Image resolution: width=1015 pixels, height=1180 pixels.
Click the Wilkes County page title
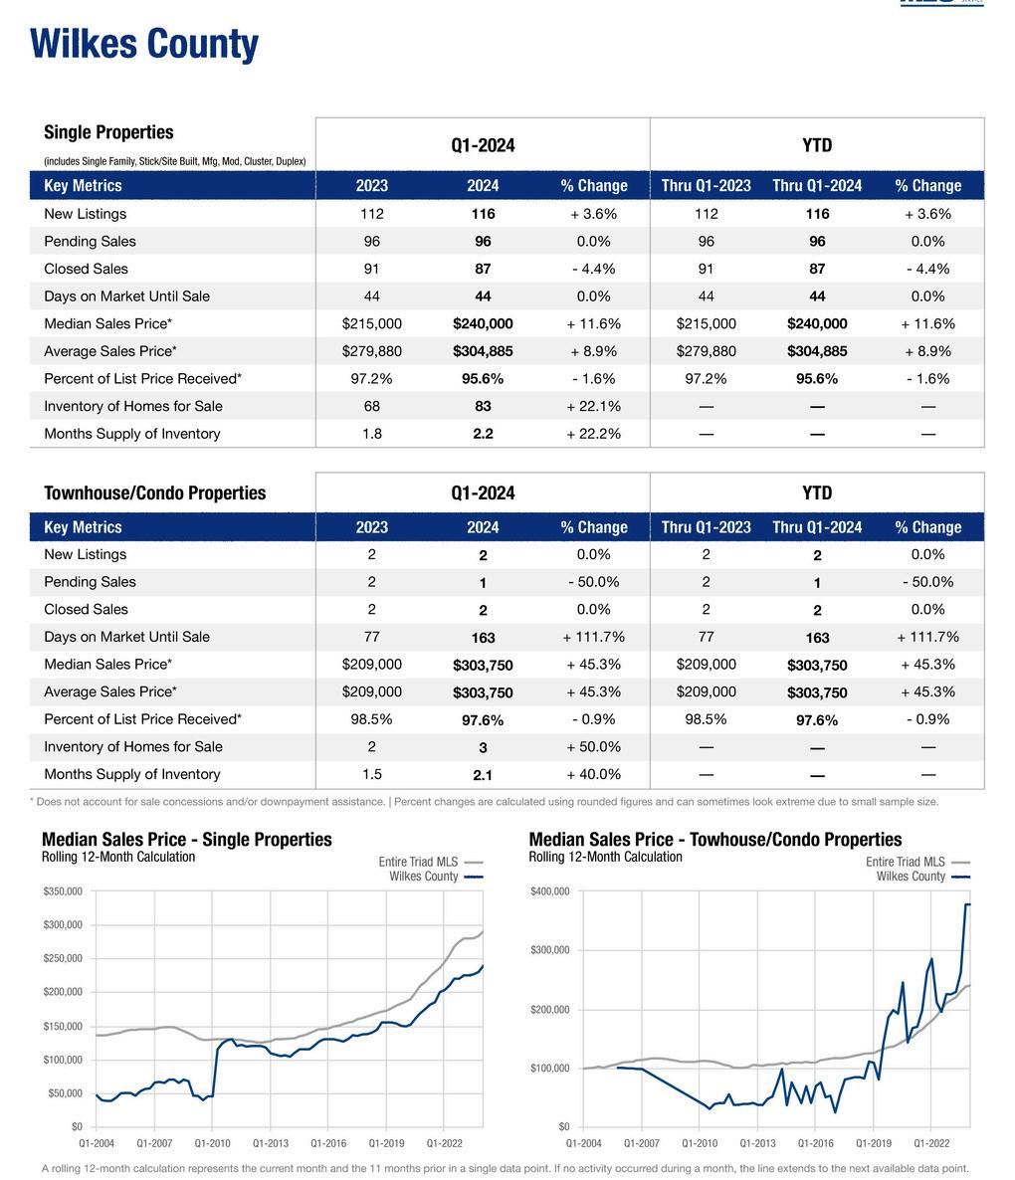pos(144,45)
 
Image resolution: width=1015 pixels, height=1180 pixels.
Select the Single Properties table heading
pos(108,132)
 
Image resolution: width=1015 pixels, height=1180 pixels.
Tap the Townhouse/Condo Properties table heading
pos(155,493)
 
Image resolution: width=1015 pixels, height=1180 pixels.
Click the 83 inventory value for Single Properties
pos(483,406)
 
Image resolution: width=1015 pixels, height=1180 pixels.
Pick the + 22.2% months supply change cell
pos(594,434)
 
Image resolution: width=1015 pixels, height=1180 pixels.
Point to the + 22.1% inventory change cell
pos(594,406)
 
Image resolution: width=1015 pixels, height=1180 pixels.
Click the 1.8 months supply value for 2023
pos(372,434)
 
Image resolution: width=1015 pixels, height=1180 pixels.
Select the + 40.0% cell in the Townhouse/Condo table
pos(594,774)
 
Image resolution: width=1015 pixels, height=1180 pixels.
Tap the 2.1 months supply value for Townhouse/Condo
pos(483,775)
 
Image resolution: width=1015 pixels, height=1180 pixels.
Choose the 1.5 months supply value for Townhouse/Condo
pos(372,774)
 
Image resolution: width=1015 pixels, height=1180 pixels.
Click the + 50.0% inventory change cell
pos(594,747)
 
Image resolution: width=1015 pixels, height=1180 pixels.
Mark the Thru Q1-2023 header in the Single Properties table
pos(707,186)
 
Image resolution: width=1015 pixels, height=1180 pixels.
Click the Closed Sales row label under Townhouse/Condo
pos(86,610)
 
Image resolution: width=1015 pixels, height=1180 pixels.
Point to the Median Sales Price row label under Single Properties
pos(107,323)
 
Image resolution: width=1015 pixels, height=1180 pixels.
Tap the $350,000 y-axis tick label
pos(63,891)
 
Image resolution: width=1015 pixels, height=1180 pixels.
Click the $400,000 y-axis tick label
pos(550,891)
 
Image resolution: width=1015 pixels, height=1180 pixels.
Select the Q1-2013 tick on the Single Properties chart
pos(271,1144)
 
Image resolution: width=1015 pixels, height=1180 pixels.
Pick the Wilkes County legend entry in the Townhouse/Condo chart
pos(911,877)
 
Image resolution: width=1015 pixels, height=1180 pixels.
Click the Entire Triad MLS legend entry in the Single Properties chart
pos(418,863)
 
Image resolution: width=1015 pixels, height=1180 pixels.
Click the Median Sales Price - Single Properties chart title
pos(187,840)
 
